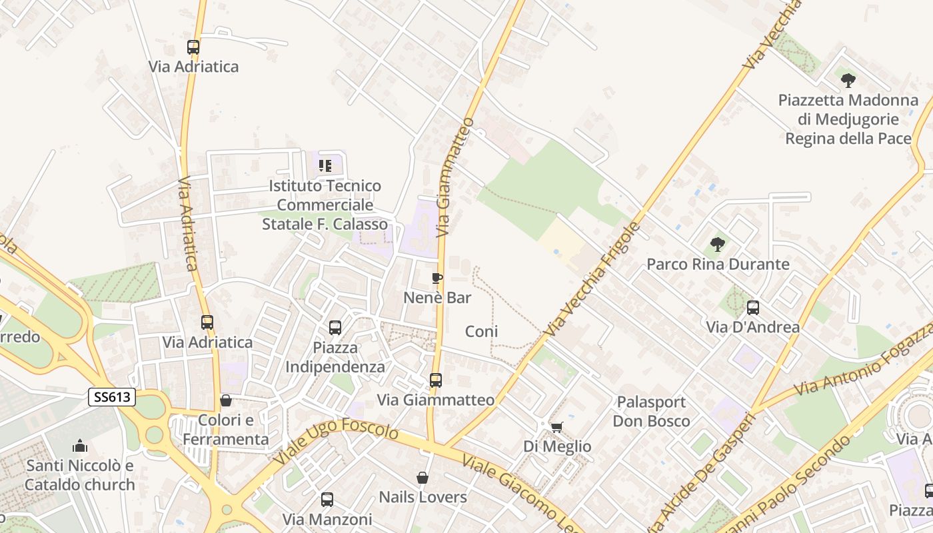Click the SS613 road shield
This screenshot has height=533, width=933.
click(x=112, y=398)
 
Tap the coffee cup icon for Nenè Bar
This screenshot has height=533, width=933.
click(x=437, y=278)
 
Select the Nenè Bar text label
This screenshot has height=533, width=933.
click(x=437, y=298)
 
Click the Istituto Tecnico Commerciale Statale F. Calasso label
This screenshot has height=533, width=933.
click(x=325, y=205)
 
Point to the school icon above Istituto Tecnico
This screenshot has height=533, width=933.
click(x=325, y=165)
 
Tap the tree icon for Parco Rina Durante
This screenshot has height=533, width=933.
click(x=717, y=245)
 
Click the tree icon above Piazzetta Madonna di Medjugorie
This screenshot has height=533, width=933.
click(x=848, y=81)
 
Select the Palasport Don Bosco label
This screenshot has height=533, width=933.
click(x=651, y=412)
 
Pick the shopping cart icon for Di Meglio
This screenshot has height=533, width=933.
click(x=556, y=427)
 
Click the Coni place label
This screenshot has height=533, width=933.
click(x=481, y=331)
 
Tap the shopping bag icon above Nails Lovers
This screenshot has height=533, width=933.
click(x=422, y=478)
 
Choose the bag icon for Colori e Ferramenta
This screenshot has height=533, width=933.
click(x=226, y=401)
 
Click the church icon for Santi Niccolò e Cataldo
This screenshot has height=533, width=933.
click(x=80, y=446)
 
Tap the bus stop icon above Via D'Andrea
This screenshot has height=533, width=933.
click(x=752, y=308)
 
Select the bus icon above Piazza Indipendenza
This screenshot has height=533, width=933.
click(x=335, y=328)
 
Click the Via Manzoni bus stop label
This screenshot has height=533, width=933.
click(x=327, y=519)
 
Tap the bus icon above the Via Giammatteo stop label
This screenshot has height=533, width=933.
click(x=435, y=380)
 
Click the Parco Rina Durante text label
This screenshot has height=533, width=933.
click(x=718, y=265)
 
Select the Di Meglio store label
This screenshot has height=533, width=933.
click(x=557, y=446)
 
